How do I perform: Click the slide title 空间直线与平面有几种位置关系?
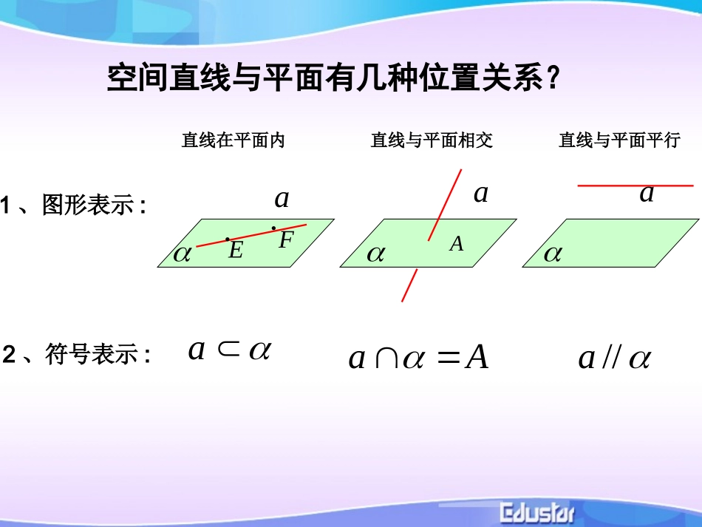[x=333, y=78]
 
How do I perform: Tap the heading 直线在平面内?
[x=234, y=140]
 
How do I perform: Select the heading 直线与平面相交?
[x=432, y=140]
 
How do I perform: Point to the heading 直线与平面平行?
[x=619, y=140]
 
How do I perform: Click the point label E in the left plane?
[x=236, y=251]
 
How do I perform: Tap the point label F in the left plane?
[x=287, y=240]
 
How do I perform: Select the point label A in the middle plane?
[x=457, y=244]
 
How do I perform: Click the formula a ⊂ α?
[x=230, y=350]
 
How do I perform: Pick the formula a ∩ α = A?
[x=418, y=358]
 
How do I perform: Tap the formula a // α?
[x=614, y=358]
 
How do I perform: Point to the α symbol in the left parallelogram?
[x=182, y=255]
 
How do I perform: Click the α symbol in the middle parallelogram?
[x=376, y=255]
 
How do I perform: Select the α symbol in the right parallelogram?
[x=553, y=255]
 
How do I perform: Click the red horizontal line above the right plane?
[x=635, y=186]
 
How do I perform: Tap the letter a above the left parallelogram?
[x=282, y=198]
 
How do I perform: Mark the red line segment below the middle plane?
[x=409, y=285]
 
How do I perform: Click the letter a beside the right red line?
[x=647, y=194]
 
